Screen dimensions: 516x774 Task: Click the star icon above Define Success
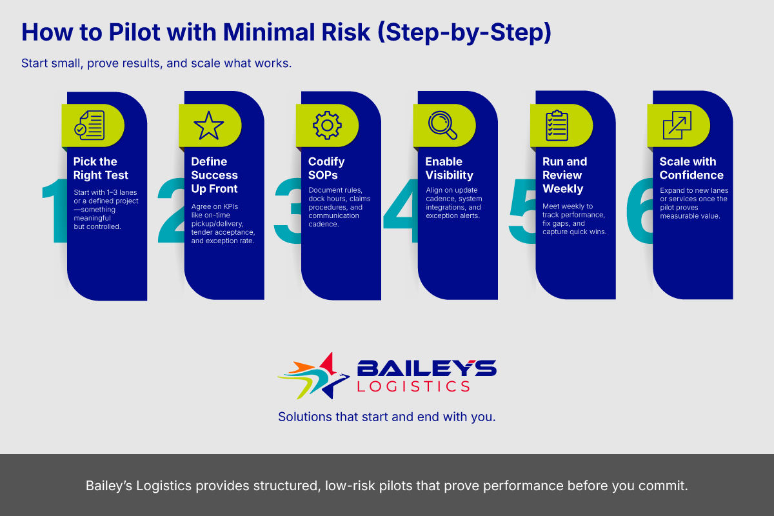coord(209,125)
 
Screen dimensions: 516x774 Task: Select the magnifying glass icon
coord(442,125)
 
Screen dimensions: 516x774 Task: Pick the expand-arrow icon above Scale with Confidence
coord(677,125)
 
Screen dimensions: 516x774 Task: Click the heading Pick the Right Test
coord(101,168)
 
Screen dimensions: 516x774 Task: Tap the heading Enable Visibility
coord(449,168)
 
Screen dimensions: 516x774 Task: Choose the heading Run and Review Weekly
coord(564,175)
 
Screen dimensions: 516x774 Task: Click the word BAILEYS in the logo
coord(426,369)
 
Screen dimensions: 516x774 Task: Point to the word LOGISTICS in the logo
coord(413,386)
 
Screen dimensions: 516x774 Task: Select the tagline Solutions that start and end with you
coord(387,417)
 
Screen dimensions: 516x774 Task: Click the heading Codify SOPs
coord(326,168)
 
